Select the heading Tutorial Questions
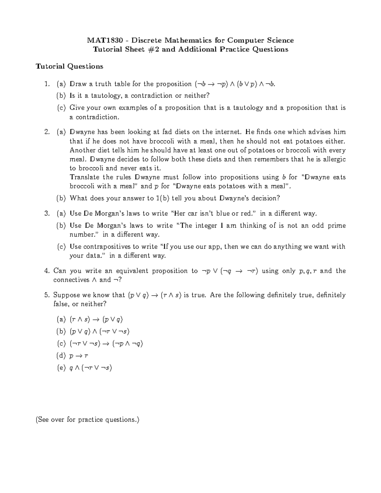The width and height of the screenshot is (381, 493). click(69, 66)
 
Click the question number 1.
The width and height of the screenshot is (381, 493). click(47, 84)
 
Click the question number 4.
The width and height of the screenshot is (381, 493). click(47, 271)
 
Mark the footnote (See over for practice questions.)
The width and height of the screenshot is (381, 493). click(88, 420)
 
